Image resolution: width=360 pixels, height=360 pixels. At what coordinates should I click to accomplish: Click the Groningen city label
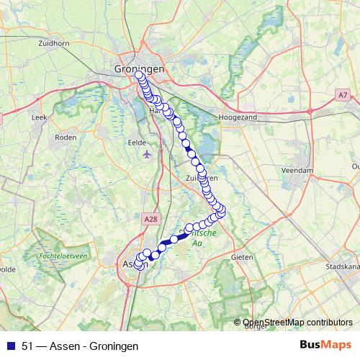[x=139, y=68]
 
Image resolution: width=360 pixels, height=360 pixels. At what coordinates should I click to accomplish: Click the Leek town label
[x=40, y=115]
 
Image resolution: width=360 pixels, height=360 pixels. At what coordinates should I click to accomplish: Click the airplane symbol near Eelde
[x=148, y=154]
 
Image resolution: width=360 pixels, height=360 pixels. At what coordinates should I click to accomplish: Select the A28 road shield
[x=150, y=218]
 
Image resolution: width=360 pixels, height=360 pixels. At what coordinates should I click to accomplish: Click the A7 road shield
[x=341, y=94]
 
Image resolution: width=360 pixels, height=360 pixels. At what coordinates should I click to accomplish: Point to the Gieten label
[x=241, y=256]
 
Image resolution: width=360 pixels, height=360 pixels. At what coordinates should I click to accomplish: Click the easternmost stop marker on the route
[x=221, y=210]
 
